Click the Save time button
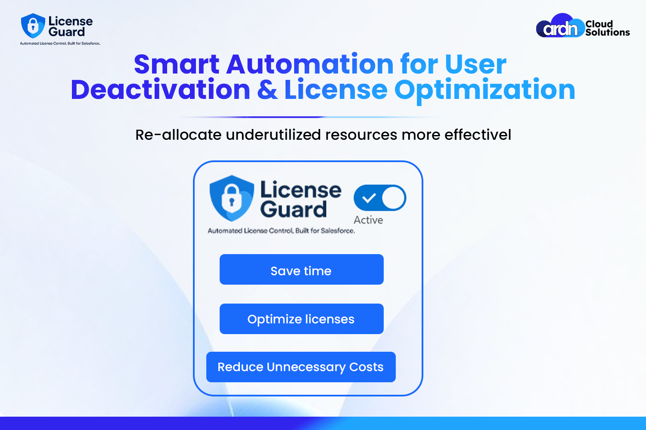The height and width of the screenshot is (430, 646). [x=301, y=269]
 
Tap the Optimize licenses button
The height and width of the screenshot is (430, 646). [x=301, y=319]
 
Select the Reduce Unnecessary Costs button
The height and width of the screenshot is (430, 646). [x=301, y=367]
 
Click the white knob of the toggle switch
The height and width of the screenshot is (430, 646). [x=393, y=198]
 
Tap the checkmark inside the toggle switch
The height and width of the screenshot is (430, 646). [x=369, y=198]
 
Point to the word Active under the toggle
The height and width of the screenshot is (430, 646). [x=368, y=220]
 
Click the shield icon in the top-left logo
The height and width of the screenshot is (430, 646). [x=33, y=26]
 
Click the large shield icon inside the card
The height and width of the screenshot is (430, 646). [x=232, y=198]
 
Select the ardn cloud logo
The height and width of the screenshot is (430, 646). [x=560, y=25]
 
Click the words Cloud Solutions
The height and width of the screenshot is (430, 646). [x=607, y=28]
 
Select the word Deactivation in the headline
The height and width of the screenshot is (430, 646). [x=160, y=89]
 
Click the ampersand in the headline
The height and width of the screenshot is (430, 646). [x=267, y=90]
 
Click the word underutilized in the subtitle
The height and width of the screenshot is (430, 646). [x=273, y=135]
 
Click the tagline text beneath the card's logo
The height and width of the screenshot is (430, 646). [x=281, y=231]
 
